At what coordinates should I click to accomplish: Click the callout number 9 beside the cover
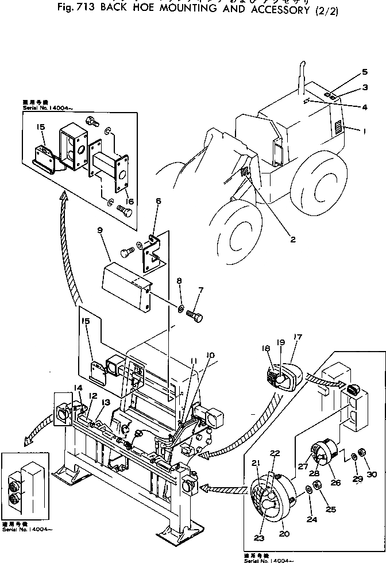[99, 231]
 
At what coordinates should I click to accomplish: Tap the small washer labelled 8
[180, 310]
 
